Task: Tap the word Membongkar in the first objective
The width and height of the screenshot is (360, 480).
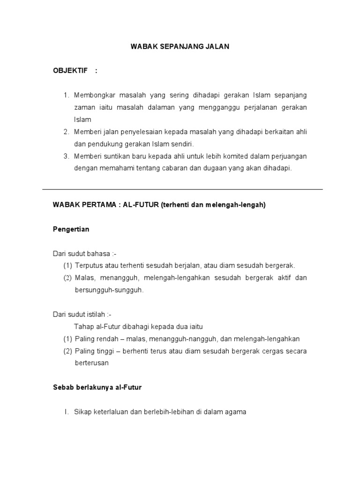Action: [92, 95]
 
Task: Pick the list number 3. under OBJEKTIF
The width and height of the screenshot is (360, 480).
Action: [66, 156]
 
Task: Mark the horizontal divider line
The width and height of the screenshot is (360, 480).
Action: [183, 189]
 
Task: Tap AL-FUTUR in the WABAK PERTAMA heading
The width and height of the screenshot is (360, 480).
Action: [141, 205]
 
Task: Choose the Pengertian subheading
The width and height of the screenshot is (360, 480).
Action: [71, 229]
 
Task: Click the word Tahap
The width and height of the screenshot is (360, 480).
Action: [83, 327]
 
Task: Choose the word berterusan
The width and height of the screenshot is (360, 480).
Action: [91, 363]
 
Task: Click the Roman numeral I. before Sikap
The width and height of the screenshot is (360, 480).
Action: [66, 412]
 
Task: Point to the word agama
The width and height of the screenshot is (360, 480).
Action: [236, 412]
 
